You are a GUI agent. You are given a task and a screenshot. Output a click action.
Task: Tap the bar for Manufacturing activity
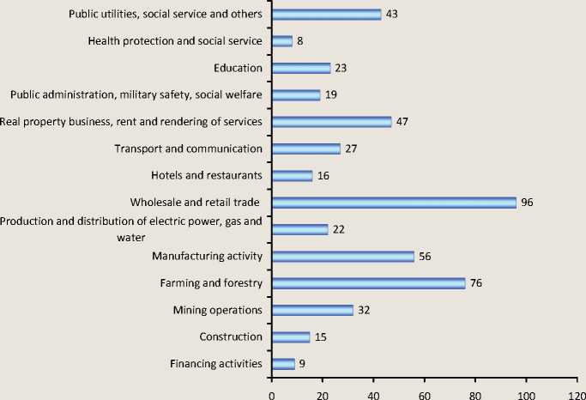pos(342,256)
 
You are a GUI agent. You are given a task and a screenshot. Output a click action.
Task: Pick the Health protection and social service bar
pos(281,40)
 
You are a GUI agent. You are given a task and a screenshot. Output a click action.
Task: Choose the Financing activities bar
pos(282,364)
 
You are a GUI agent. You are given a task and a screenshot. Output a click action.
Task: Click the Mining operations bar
pos(311,310)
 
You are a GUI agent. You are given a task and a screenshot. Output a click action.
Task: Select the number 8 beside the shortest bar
pos(301,40)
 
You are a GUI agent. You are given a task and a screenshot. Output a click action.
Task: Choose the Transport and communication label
pos(188,148)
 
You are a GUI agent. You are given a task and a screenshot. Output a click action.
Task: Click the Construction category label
pos(230,336)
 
